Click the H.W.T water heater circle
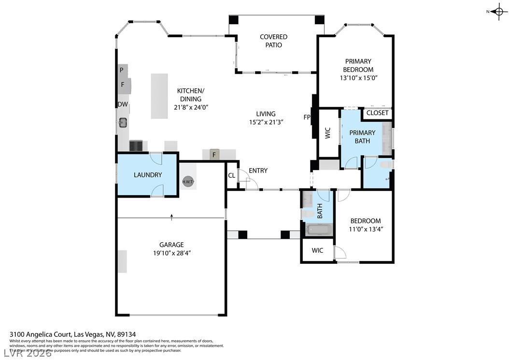tap(187, 182)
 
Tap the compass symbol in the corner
tap(499, 12)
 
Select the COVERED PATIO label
tap(273, 41)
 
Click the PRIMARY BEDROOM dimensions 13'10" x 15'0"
tap(358, 78)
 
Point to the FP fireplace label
tap(307, 117)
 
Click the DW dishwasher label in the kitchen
tap(122, 104)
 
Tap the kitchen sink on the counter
tap(123, 122)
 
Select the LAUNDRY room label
tap(147, 175)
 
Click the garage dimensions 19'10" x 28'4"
tap(171, 253)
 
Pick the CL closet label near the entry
tap(231, 175)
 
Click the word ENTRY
tap(258, 171)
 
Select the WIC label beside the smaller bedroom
tap(317, 250)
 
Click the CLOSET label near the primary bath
tap(377, 113)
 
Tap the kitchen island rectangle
tap(159, 96)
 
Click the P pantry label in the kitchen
tap(122, 70)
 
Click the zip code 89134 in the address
tap(127, 334)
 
